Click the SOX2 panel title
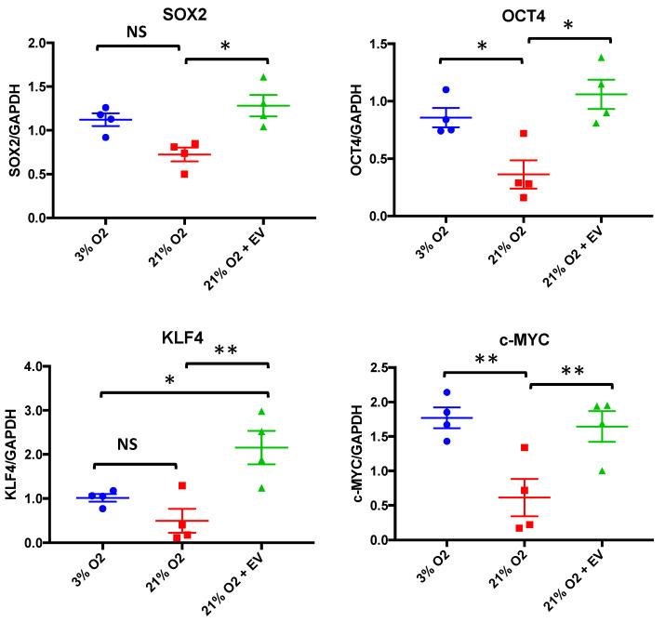165,10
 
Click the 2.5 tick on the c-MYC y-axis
379,369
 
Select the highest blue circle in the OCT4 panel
446,90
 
